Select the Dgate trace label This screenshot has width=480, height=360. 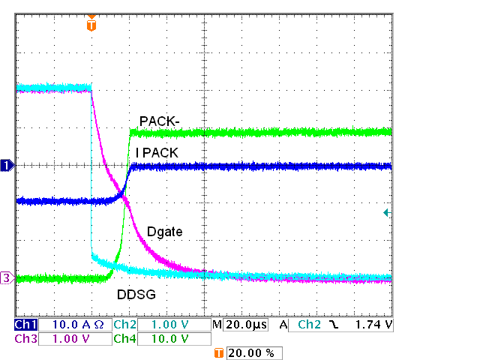pyautogui.click(x=166, y=232)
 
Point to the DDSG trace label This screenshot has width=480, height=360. pyautogui.click(x=136, y=295)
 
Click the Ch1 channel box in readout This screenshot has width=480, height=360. pyautogui.click(x=25, y=325)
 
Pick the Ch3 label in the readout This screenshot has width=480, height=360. pyautogui.click(x=25, y=338)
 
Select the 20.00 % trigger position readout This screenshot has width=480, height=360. pyautogui.click(x=254, y=352)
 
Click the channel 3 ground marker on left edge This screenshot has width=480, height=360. pyautogui.click(x=7, y=278)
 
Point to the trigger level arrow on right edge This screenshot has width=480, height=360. pyautogui.click(x=386, y=213)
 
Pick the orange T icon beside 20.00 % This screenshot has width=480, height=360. pyautogui.click(x=219, y=352)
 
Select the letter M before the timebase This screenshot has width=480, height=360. pyautogui.click(x=217, y=325)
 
